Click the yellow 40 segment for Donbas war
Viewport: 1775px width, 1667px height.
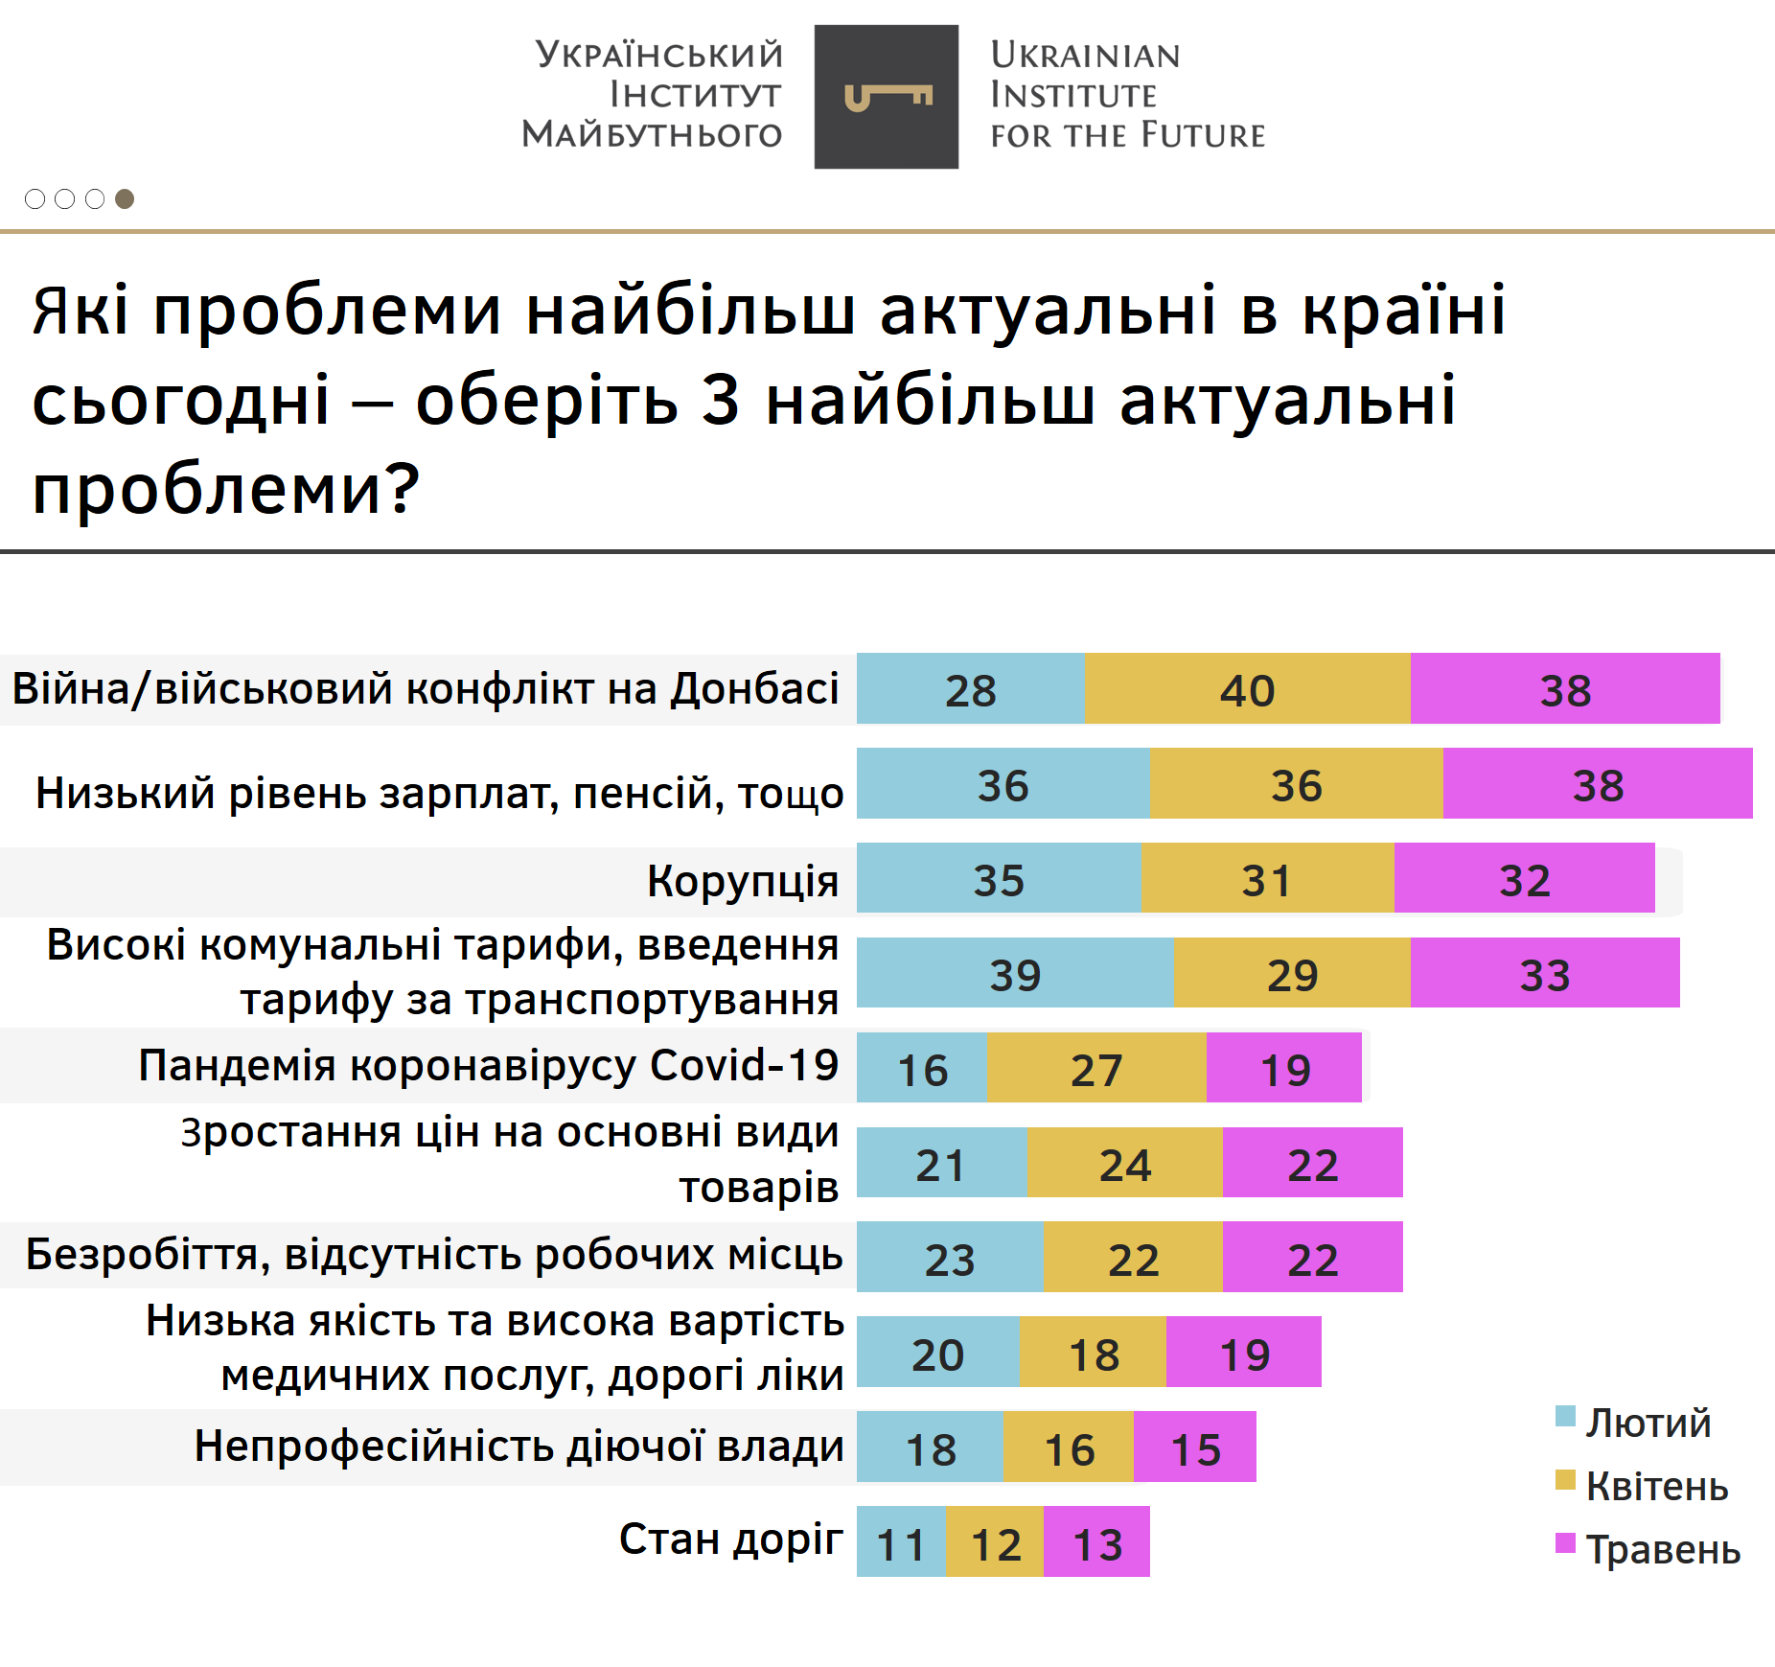pyautogui.click(x=1246, y=688)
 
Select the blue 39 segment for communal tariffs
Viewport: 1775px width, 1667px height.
pyautogui.click(x=1015, y=973)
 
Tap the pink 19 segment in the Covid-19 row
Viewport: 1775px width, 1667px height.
pyautogui.click(x=1283, y=1068)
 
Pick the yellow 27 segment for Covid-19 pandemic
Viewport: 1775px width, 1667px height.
pyautogui.click(x=1095, y=1068)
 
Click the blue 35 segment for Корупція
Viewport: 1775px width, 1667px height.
pyautogui.click(x=999, y=878)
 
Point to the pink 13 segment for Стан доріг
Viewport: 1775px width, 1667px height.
pyautogui.click(x=1096, y=1541)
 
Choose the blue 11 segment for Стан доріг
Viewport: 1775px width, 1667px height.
pyautogui.click(x=901, y=1541)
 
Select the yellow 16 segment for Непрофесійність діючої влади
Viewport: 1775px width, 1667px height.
pyautogui.click(x=1069, y=1447)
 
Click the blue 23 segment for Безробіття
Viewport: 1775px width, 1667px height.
pyautogui.click(x=950, y=1257)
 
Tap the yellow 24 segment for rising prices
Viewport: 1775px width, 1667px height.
pyautogui.click(x=1124, y=1163)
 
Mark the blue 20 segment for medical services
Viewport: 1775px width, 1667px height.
pyautogui.click(x=937, y=1352)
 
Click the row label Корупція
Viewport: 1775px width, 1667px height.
pyautogui.click(x=743, y=880)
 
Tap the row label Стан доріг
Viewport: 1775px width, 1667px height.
pyautogui.click(x=730, y=1539)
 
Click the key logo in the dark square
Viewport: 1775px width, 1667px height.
pyautogui.click(x=887, y=97)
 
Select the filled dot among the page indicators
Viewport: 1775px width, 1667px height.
pyautogui.click(x=125, y=198)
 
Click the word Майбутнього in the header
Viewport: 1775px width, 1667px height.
pyautogui.click(x=652, y=134)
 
